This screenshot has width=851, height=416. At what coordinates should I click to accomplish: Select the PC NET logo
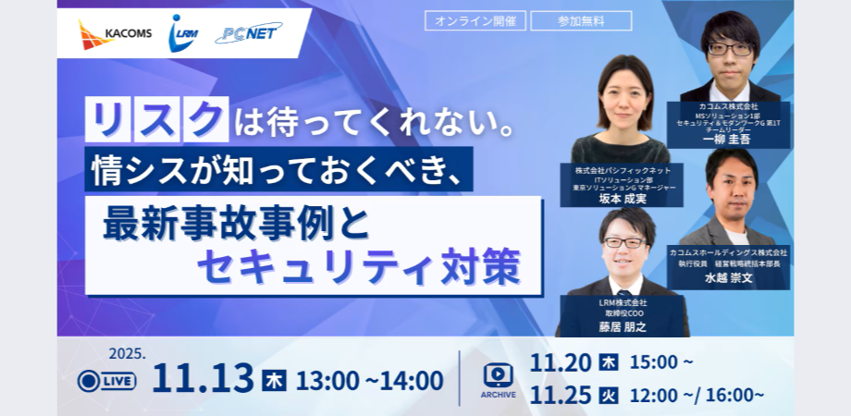[247, 34]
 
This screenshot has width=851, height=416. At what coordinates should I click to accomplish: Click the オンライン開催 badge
[475, 20]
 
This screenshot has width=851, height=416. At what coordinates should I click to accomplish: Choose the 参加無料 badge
[582, 20]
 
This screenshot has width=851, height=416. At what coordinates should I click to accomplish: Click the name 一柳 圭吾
[728, 140]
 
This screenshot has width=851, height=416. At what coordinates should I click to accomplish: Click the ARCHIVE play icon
[498, 373]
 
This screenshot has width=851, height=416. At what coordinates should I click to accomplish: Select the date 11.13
[202, 379]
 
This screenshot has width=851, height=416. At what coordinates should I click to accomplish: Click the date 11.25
[561, 396]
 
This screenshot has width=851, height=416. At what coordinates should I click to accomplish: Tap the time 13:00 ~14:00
[370, 380]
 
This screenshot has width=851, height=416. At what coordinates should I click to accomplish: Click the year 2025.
[127, 352]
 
